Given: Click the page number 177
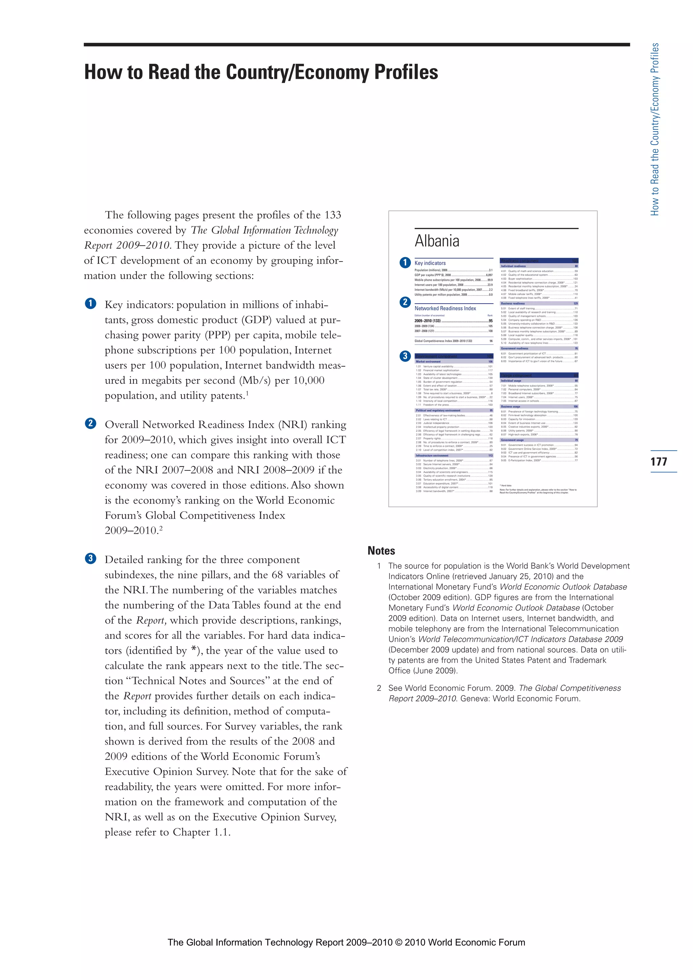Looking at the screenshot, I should point(659,461).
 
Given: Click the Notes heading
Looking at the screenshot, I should point(381,551).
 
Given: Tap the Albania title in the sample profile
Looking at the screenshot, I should point(437,241).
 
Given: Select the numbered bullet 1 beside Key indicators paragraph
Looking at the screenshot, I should point(90,304).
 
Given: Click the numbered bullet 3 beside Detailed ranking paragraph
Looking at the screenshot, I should point(90,558).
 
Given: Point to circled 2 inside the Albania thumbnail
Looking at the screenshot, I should point(405,302).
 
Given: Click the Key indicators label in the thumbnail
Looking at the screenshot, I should point(430,263).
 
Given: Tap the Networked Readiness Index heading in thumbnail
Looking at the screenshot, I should point(445,308).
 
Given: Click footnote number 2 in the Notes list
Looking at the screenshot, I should point(379,688).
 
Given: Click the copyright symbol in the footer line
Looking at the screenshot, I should point(399,942).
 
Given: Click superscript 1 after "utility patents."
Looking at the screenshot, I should point(247,393).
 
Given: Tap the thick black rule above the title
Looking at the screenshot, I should point(357,44).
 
